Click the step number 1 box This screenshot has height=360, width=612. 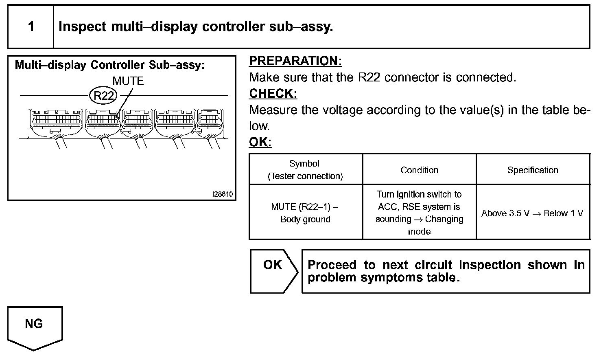pos(31,27)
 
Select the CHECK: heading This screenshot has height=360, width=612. pos(273,94)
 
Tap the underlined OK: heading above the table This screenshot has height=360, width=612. pos(260,143)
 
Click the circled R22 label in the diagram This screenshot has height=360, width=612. pos(103,96)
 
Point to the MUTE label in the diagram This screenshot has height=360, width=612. pos(128,81)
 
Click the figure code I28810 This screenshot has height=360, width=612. pos(223,194)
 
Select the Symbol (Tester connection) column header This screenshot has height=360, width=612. pos(305,169)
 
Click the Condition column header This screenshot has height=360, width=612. pos(419,170)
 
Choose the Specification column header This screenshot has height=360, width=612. pos(533,170)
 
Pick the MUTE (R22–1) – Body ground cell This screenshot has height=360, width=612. pos(305,213)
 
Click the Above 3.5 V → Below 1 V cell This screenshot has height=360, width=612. pos(532,213)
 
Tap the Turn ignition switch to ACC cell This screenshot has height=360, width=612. pos(419,213)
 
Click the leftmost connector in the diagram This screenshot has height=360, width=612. pos(55,120)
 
